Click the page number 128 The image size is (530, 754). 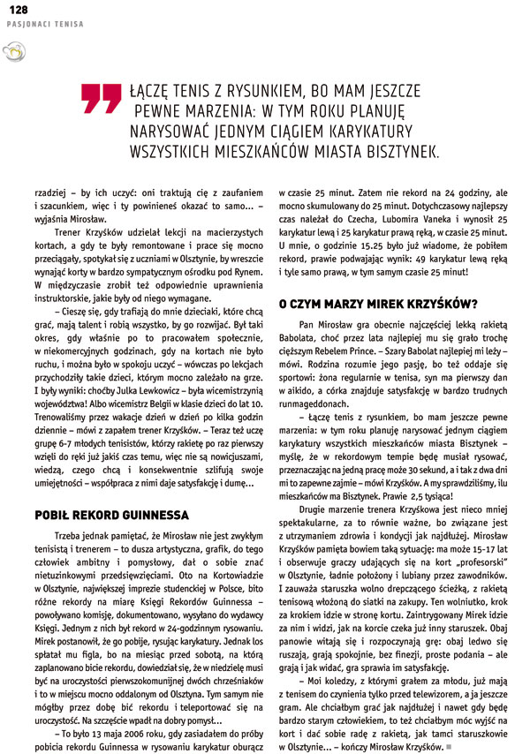pos(18,9)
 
